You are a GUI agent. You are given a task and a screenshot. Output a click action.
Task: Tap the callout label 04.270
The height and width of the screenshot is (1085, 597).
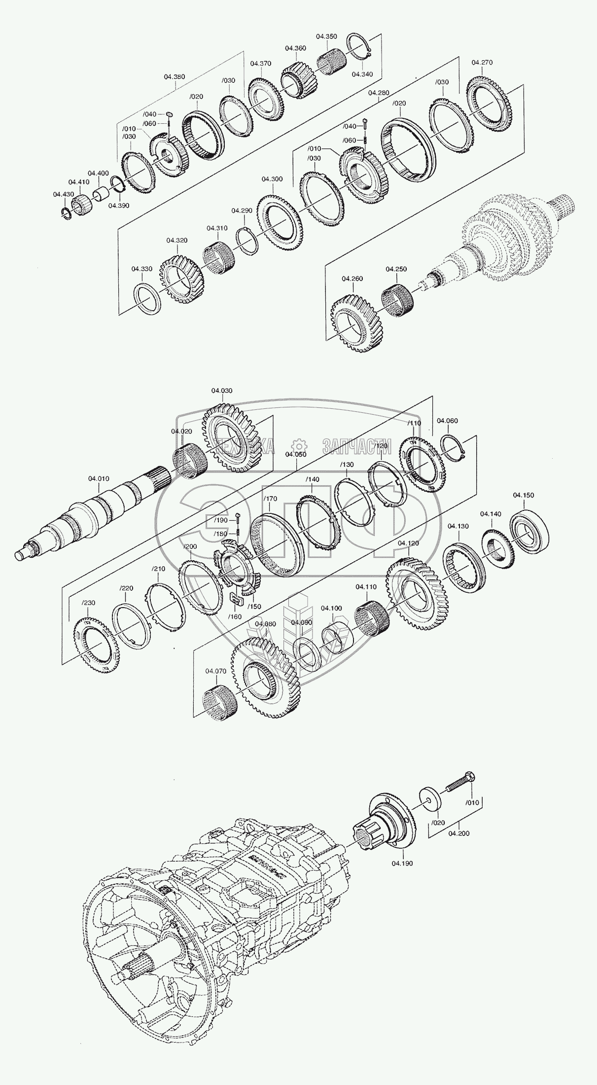(482, 63)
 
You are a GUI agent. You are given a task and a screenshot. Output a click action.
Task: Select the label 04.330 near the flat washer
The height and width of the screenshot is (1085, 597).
(141, 269)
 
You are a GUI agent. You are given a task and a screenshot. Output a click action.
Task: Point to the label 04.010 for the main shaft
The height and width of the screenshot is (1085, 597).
(99, 478)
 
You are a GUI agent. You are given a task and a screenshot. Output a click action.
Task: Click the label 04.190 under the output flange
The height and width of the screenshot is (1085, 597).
(402, 863)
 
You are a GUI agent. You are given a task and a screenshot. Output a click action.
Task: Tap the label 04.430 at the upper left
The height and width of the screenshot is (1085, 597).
(64, 194)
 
